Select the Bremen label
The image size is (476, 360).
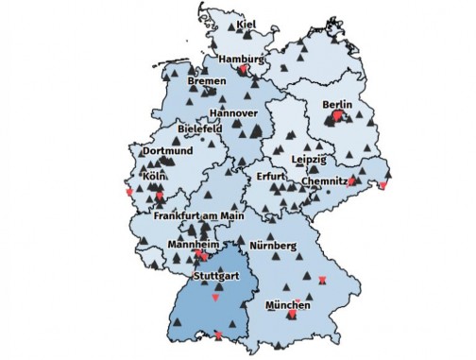(x=207, y=82)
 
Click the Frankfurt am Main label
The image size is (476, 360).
(x=198, y=217)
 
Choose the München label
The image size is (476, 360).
(x=287, y=306)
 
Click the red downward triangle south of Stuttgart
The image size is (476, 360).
(x=216, y=297)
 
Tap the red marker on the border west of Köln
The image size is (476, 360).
(x=129, y=193)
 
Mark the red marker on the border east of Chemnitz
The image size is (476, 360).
(x=382, y=185)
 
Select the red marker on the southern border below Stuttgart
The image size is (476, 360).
(x=219, y=335)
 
